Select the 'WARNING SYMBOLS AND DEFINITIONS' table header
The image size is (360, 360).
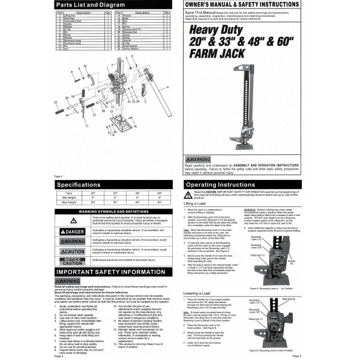point(90,212)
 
